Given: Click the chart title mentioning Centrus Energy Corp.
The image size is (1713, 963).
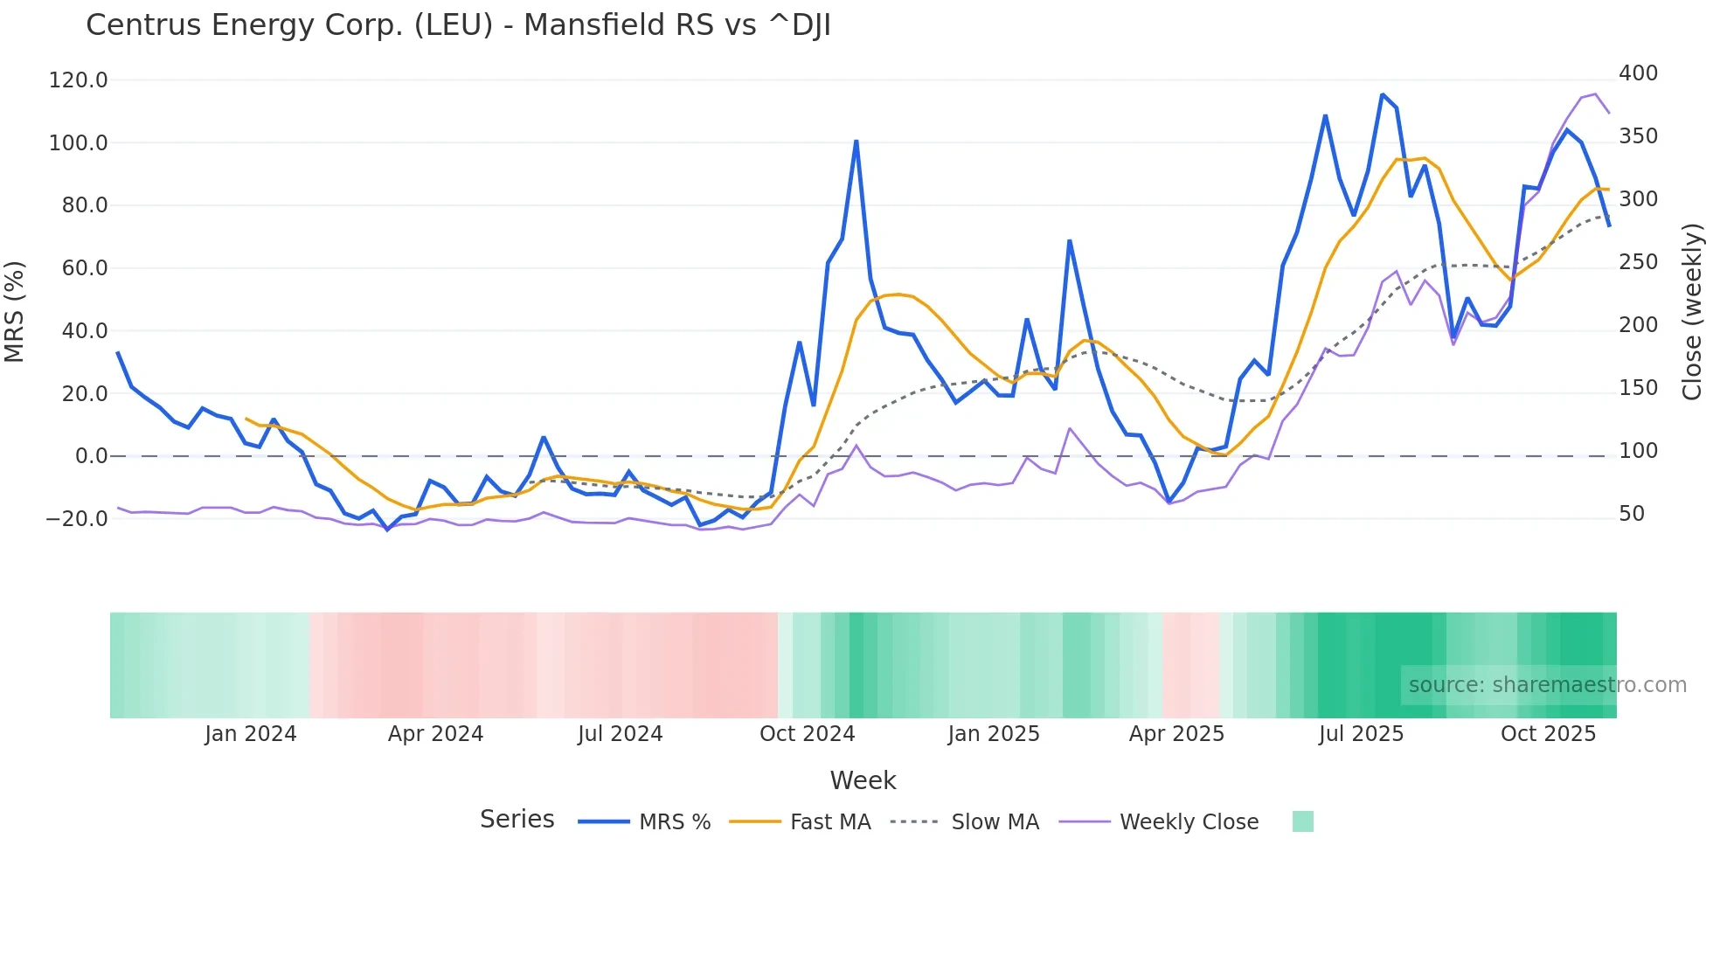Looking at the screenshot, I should [458, 25].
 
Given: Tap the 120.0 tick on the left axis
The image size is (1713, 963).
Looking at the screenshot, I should [78, 80].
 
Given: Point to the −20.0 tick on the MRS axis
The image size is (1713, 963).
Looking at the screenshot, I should [76, 519].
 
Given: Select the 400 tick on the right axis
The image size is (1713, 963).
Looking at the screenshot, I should [1638, 73].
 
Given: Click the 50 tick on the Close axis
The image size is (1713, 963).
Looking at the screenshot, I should [1632, 514].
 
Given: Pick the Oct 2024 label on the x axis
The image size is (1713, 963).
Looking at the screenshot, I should [807, 734].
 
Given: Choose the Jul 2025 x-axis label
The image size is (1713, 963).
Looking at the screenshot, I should [1361, 734].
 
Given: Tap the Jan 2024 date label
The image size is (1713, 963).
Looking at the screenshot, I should [250, 734].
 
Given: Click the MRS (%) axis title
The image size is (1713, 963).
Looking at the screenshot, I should [15, 311].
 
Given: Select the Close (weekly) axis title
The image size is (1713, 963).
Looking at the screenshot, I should [1692, 312].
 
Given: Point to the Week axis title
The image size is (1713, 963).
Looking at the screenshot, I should [863, 780].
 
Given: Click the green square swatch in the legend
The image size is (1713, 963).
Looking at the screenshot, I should [1302, 821].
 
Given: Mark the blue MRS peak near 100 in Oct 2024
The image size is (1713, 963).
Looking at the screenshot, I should [856, 141].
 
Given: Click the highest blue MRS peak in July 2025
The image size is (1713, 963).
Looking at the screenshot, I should [1382, 94].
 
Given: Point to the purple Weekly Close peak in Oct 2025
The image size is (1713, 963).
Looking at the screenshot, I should [1595, 94].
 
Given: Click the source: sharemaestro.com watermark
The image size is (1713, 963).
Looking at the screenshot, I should [1547, 685].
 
